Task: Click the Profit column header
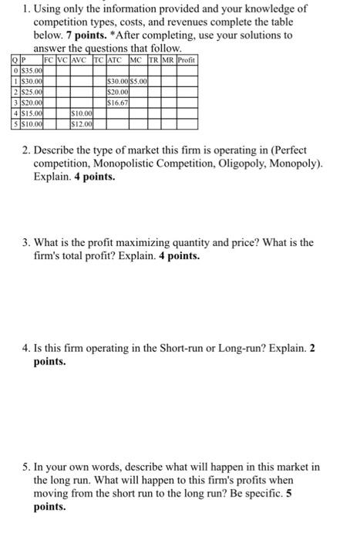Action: (186, 59)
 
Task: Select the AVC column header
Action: (79, 59)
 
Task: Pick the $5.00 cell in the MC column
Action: (139, 80)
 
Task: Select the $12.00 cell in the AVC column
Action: (79, 123)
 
